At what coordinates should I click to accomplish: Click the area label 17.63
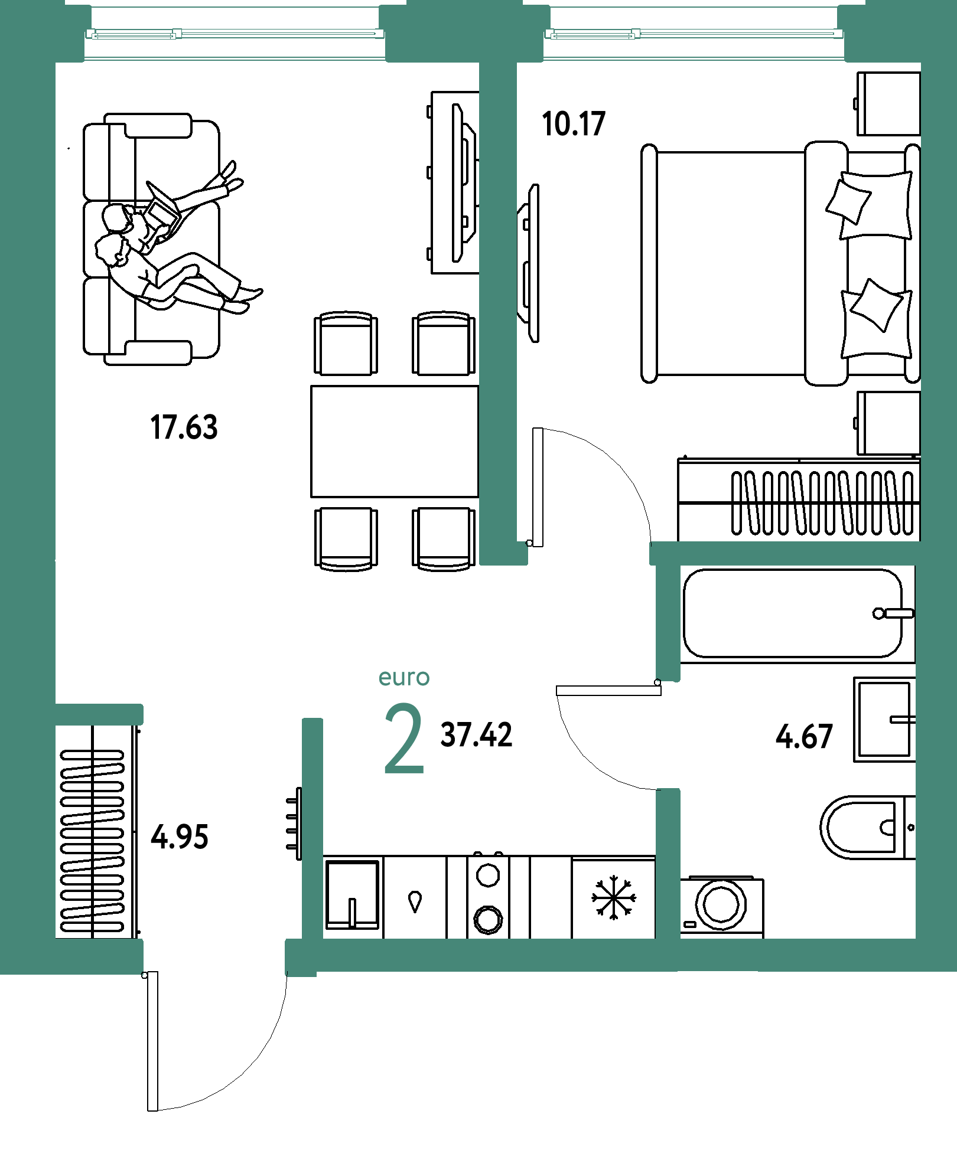point(184,427)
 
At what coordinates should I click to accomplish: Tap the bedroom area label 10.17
point(574,124)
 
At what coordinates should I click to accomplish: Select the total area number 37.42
point(477,735)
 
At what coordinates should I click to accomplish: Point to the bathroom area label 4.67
point(804,737)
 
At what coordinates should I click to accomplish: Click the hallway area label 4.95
point(180,837)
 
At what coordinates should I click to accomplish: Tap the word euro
point(404,678)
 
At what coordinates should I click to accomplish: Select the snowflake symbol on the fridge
point(614,897)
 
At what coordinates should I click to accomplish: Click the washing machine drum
point(721,904)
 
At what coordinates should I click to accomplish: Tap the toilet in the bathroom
point(867,827)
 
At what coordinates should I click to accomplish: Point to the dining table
point(395,442)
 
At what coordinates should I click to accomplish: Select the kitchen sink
point(352,894)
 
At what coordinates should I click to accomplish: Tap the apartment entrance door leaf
point(152,1041)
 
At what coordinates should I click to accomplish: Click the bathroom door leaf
point(608,691)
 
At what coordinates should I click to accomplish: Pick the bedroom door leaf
point(538,487)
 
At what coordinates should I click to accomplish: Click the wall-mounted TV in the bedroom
point(529,263)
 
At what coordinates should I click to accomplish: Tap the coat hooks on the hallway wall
point(294,824)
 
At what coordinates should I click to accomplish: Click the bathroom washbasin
point(884,719)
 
